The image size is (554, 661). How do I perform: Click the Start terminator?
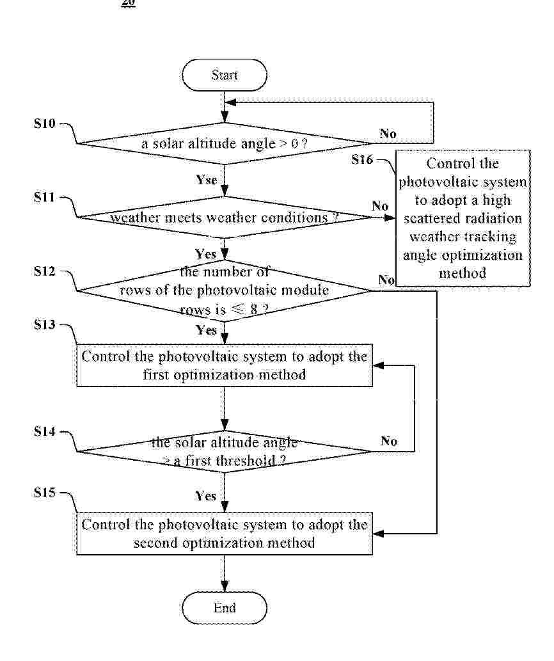click(x=225, y=76)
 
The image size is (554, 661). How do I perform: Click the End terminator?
click(x=225, y=607)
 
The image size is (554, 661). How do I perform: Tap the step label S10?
click(x=45, y=123)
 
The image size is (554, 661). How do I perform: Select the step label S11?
click(x=45, y=197)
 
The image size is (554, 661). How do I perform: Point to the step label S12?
click(x=45, y=271)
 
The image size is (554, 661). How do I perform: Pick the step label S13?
click(x=45, y=324)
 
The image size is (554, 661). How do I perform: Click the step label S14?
click(x=45, y=432)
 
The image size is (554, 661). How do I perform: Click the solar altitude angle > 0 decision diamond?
click(x=225, y=143)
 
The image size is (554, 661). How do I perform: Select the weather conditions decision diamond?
click(x=225, y=218)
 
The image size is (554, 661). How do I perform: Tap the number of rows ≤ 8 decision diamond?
click(x=225, y=291)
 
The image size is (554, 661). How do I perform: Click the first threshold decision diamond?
click(x=225, y=451)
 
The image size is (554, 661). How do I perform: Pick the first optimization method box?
click(x=225, y=365)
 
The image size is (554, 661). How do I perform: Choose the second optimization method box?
click(x=225, y=534)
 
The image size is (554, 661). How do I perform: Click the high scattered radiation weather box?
click(x=463, y=218)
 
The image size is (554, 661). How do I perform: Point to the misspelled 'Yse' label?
click(x=207, y=180)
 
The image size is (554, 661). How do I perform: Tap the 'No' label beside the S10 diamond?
click(x=388, y=134)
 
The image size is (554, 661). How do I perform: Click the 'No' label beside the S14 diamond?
click(x=388, y=441)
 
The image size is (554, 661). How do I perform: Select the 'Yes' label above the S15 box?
click(x=206, y=496)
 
